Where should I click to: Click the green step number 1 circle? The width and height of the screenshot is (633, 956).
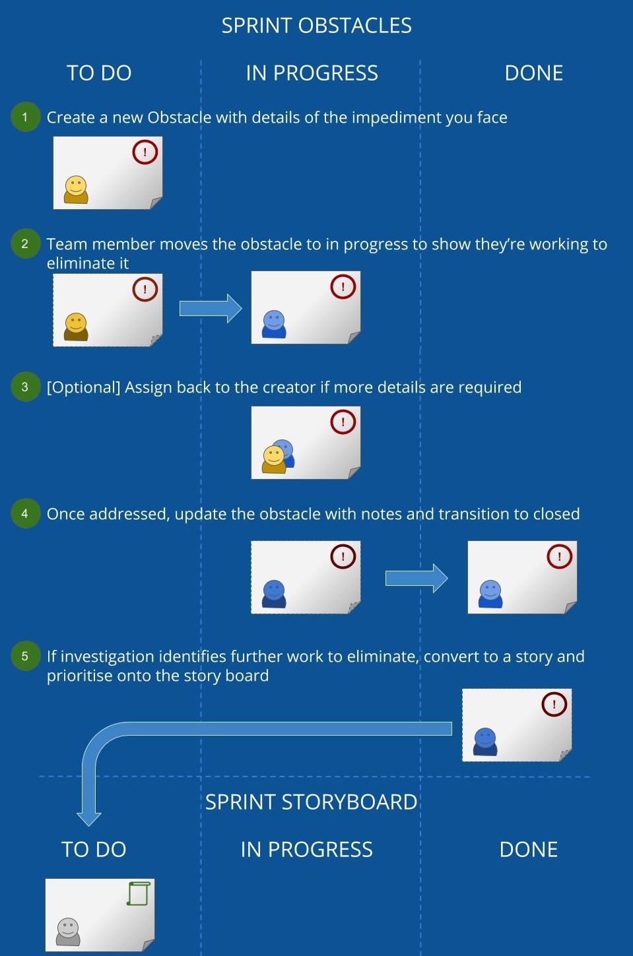25,117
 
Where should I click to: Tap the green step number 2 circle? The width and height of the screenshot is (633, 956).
25,243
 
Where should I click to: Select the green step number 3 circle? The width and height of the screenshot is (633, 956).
25,387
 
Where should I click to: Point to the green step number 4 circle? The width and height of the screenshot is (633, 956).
25,513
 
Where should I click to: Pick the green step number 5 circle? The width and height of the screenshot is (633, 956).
25,656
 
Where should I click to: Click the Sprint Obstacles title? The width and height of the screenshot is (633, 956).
316,26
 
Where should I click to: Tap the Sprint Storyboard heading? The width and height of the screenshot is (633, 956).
311,802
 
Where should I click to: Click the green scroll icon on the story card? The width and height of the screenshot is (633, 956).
139,894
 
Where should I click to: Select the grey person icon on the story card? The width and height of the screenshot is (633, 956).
68,932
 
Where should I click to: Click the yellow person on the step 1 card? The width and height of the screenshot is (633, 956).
76,189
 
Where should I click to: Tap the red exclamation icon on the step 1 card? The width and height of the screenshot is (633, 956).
145,152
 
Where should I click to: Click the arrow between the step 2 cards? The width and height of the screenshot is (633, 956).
211,308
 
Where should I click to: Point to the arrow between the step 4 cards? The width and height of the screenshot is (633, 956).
416,579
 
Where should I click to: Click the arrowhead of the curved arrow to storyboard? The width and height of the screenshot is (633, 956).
89,819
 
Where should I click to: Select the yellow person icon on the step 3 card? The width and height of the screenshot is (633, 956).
274,460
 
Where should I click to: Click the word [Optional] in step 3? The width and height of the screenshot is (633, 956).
84,387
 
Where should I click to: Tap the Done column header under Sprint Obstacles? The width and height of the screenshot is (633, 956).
533,73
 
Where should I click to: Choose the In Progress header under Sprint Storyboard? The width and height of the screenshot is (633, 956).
306,849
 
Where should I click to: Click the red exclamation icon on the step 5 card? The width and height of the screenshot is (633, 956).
554,704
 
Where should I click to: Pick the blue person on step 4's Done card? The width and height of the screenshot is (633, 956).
490,594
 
